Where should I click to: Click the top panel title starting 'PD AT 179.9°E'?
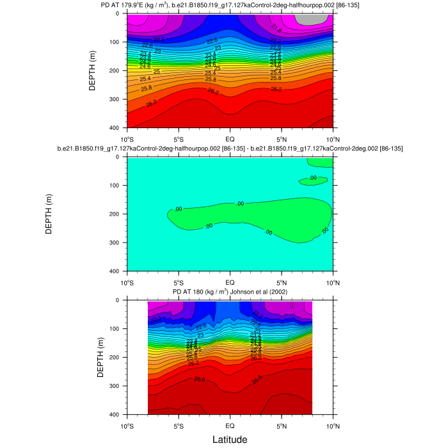[x=229, y=5]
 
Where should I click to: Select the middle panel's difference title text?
[x=229, y=148]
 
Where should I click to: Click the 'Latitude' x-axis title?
[x=230, y=438]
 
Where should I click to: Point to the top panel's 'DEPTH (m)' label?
[x=93, y=70]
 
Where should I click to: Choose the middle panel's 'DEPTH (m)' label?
[x=49, y=214]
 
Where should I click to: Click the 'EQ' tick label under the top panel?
[x=230, y=139]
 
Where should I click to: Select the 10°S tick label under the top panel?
[x=127, y=139]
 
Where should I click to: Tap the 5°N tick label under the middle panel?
[x=282, y=282]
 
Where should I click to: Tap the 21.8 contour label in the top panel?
[x=276, y=28]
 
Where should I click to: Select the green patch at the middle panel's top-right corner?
[x=322, y=163]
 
